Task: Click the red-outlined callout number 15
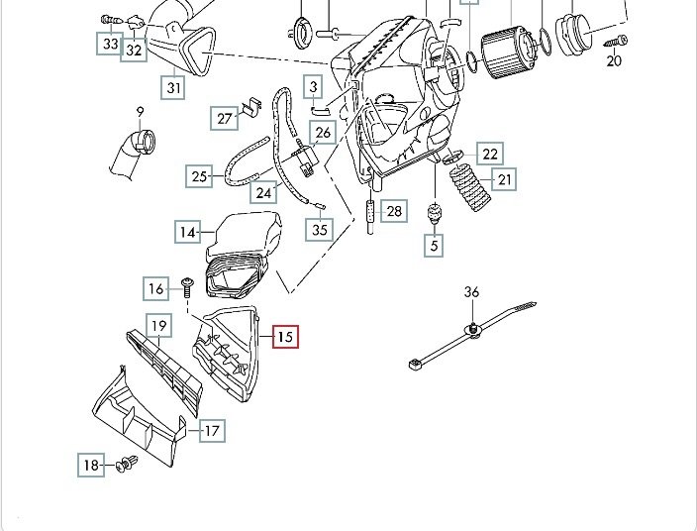coord(284,337)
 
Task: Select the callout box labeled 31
coord(174,88)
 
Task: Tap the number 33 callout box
coord(109,44)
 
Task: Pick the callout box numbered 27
coord(225,119)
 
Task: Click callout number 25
coord(200,177)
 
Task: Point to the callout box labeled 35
coord(319,230)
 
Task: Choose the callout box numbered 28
coord(395,211)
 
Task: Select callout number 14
coord(188,233)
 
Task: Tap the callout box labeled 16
coord(156,289)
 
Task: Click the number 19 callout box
coord(156,325)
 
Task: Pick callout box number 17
coord(212,431)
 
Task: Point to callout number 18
coord(91,465)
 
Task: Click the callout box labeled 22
coord(490,154)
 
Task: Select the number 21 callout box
coord(505,179)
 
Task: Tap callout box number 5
coord(434,244)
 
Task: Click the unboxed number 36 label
coord(471,291)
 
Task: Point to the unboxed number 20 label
coord(614,60)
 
